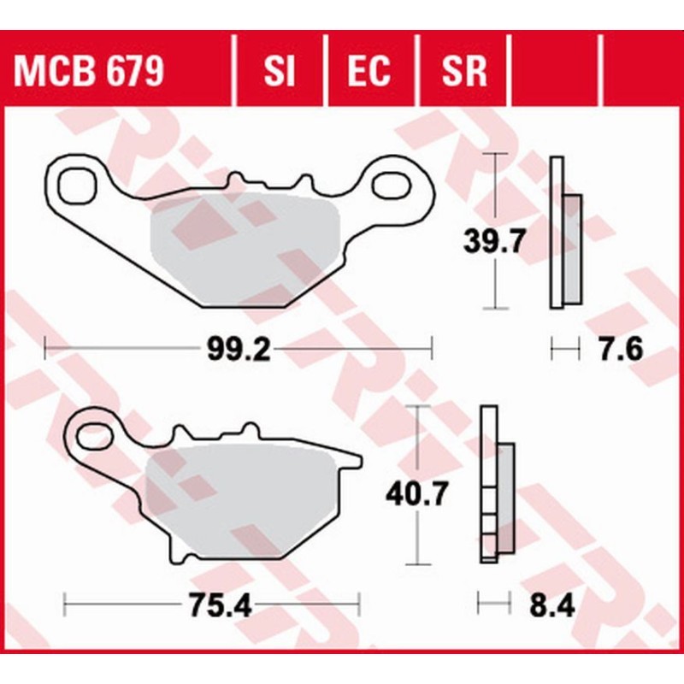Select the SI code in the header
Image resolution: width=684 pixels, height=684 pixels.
click(280, 72)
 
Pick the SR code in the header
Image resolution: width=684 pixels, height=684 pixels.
click(464, 72)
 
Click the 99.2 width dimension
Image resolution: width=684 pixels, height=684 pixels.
click(239, 350)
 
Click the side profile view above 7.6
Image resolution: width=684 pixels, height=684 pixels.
click(564, 233)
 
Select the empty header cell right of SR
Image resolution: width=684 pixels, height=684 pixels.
click(556, 72)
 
